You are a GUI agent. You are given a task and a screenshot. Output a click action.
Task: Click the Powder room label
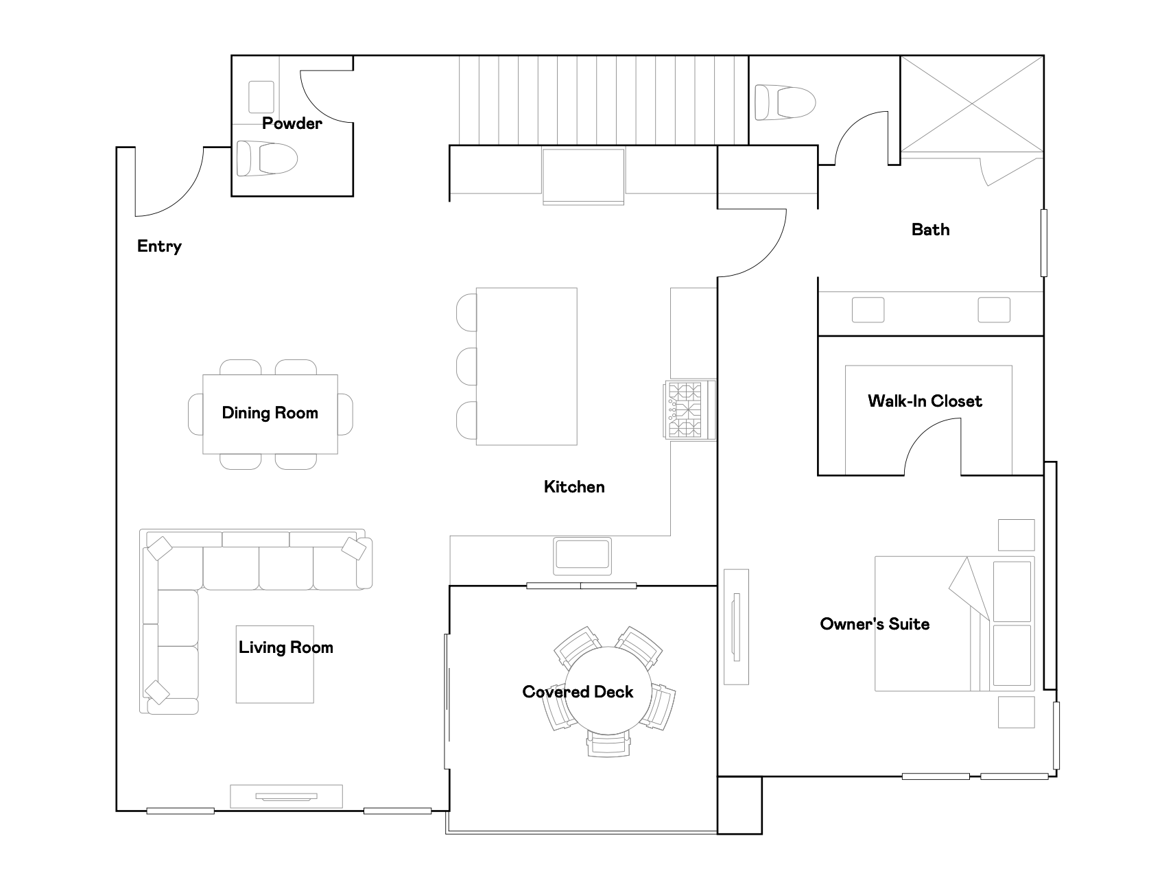pos(292,123)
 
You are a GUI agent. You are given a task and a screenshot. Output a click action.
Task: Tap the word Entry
pos(159,247)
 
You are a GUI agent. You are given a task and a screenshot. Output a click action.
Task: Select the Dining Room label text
pos(270,413)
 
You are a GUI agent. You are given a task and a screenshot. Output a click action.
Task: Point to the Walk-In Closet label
pos(925,401)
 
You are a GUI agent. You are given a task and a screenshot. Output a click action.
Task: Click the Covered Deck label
pos(578,692)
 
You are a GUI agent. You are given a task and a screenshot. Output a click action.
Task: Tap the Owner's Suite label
pos(875,624)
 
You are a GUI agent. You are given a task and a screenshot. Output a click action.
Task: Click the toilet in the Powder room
pos(267,159)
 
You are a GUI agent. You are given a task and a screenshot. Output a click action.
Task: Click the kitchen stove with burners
pos(689,410)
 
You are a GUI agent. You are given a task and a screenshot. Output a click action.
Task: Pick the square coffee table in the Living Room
pos(275,664)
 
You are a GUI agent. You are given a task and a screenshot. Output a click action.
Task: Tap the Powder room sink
pos(261,97)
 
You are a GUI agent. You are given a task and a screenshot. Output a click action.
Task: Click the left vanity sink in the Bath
pos(868,309)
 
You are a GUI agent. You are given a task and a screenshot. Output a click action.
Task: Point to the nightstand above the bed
pos(1016,535)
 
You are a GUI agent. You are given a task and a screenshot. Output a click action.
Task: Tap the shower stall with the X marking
pos(972,104)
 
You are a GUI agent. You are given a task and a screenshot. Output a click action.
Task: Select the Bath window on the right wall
pos(1044,243)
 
